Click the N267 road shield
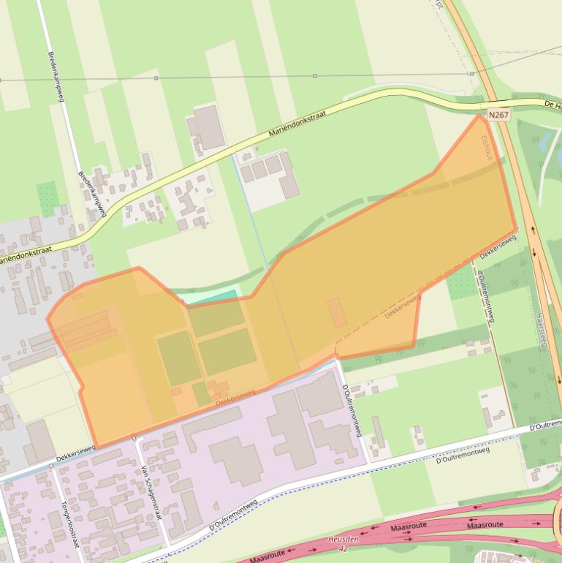(x=498, y=116)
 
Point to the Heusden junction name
(x=343, y=538)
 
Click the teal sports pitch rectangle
(x=213, y=297)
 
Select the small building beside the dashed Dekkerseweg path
(x=337, y=312)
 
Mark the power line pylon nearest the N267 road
(x=471, y=74)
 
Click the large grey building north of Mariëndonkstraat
(x=210, y=127)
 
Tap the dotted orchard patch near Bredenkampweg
(x=48, y=197)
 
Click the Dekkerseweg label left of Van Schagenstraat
(x=77, y=454)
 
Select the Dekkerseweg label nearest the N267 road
(x=499, y=246)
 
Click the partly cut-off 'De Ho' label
(x=552, y=105)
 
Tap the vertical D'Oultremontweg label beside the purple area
(x=352, y=412)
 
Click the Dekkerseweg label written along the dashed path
(x=403, y=306)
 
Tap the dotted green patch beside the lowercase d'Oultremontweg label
(x=461, y=282)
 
